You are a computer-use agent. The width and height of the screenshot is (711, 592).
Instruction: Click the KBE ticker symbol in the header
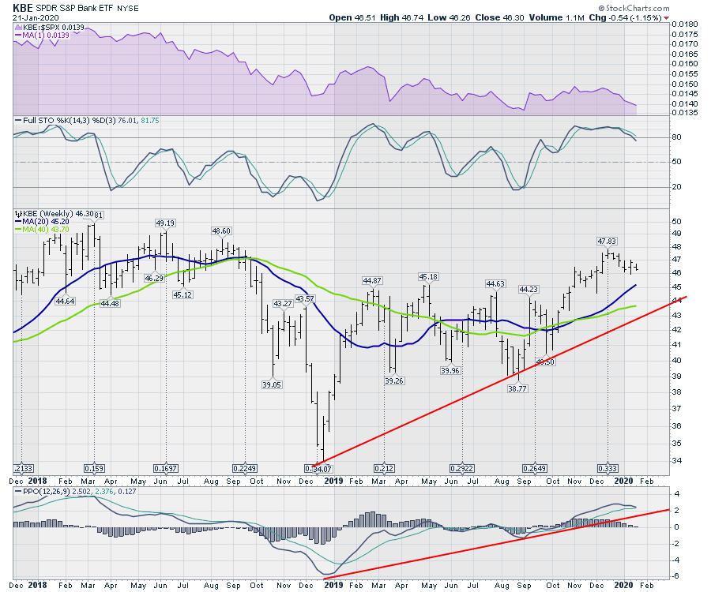coord(23,7)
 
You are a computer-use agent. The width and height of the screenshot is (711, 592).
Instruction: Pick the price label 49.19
coord(164,223)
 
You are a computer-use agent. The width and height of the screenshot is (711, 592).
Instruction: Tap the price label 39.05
coord(272,384)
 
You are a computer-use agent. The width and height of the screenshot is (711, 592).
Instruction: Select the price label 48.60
coord(221,230)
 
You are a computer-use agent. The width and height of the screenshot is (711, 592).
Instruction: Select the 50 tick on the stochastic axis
coord(676,162)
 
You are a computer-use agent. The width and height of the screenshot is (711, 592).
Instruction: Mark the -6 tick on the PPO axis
coord(675,576)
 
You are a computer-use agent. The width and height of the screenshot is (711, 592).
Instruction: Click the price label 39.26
coord(395,380)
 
